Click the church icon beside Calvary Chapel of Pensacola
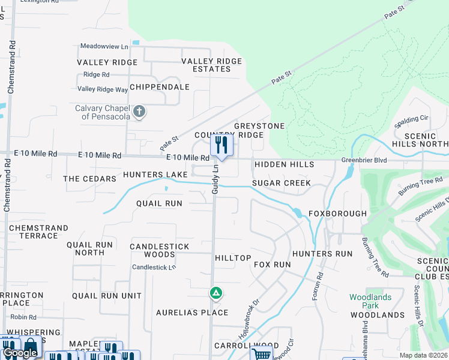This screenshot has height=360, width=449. (139, 111)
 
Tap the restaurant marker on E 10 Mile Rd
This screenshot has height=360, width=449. (221, 145)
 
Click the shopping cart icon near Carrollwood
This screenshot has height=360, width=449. (261, 353)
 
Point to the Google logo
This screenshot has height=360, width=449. (20, 353)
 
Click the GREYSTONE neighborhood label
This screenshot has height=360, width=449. (259, 126)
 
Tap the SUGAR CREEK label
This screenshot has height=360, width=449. (282, 183)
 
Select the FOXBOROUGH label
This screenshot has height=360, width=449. (337, 214)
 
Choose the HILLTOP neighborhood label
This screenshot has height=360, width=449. (233, 258)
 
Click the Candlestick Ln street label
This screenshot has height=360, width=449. (154, 267)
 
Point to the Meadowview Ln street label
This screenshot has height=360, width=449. (104, 46)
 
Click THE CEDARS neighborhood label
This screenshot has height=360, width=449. (89, 179)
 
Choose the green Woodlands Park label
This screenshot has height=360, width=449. (370, 301)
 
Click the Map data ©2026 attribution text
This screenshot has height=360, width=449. (423, 355)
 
